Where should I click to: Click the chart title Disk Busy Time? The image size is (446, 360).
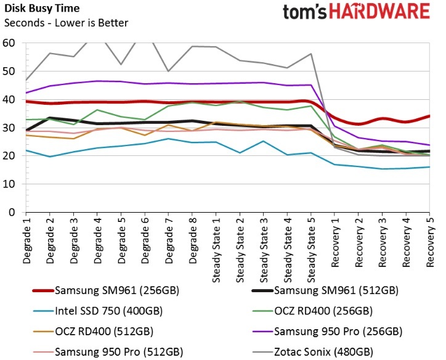click(40, 9)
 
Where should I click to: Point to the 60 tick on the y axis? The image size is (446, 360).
click(9, 44)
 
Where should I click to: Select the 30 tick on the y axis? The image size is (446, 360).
click(9, 128)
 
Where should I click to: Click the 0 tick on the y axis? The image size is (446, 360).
click(11, 213)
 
